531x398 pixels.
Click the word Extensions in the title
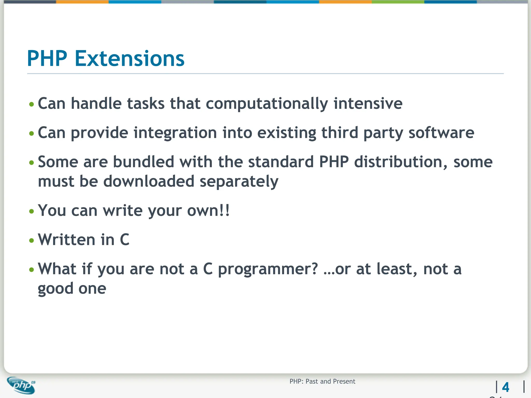[129, 59]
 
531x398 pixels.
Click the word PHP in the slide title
[47, 59]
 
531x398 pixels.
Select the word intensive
[368, 104]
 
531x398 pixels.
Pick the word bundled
[143, 162]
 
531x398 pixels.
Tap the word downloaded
[149, 181]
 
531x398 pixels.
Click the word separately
[239, 182]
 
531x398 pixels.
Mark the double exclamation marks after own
[225, 210]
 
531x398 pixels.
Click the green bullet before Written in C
[32, 240]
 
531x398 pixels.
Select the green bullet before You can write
[32, 211]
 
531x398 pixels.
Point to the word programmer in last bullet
[268, 269]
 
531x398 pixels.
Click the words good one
[72, 288]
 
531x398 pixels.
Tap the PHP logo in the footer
[21, 385]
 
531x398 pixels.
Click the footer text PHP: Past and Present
[322, 381]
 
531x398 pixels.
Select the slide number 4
[505, 387]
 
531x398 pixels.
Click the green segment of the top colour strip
[398, 2]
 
